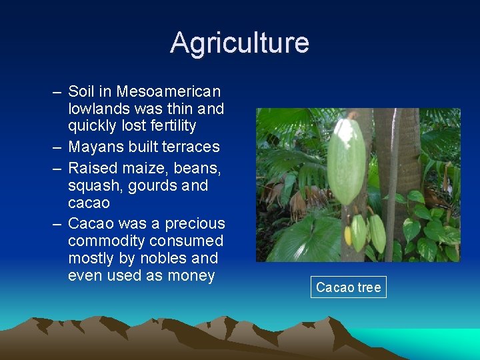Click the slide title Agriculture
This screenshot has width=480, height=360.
(x=239, y=43)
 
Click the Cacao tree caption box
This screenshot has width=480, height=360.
(x=348, y=287)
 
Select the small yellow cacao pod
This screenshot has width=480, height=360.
(x=347, y=235)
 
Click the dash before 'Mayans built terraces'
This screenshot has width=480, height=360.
(x=59, y=147)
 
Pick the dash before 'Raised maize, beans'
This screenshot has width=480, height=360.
(x=59, y=168)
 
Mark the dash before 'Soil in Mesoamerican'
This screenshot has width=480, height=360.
(x=59, y=91)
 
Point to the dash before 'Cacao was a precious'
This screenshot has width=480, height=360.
(x=59, y=223)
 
